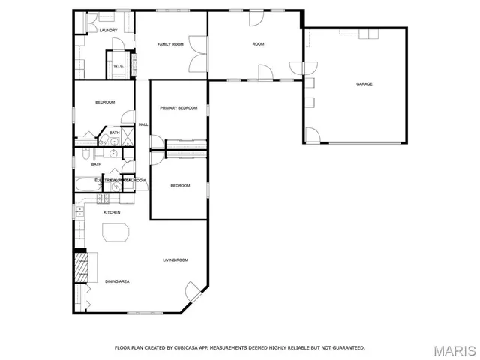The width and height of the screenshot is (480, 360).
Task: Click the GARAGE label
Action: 364,84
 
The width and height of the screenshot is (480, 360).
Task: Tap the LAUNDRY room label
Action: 108,31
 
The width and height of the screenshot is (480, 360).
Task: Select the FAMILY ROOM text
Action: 170,45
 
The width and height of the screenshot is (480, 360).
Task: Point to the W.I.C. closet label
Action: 118,66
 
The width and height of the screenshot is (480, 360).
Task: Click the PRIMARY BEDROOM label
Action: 178,108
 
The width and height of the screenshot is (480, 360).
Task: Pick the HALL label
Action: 143,124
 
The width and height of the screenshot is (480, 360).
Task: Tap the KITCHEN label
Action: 112,213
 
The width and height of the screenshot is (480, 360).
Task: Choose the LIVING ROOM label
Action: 175,260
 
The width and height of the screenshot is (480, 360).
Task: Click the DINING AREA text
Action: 117,281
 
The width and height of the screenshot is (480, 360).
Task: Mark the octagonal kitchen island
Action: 115,233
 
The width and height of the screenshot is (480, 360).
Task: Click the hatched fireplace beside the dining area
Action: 79,265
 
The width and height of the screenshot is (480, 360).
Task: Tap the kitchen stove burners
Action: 103,198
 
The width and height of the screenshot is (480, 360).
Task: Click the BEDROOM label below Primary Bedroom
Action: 180,186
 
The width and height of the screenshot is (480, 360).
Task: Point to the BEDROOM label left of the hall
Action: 104,102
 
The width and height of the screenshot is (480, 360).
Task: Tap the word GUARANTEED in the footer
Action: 349,348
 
